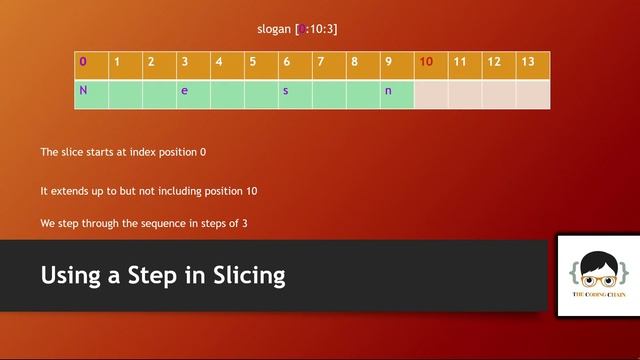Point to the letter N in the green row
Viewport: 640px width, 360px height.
click(84, 91)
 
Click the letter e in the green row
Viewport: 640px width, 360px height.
click(184, 91)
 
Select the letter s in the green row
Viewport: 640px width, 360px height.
click(285, 91)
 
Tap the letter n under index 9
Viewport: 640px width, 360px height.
click(388, 91)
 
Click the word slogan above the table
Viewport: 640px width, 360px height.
click(274, 29)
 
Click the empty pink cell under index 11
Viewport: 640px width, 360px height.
click(464, 93)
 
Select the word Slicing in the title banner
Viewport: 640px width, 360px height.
click(248, 274)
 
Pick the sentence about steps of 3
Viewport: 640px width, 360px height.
click(144, 223)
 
